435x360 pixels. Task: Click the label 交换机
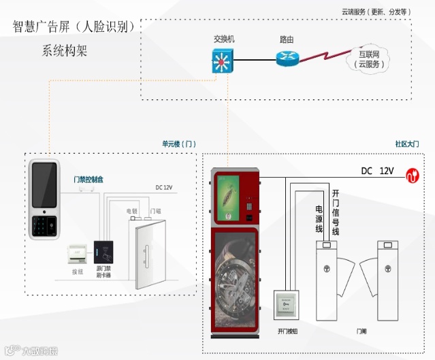pyautogui.click(x=223, y=40)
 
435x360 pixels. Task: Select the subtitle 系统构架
pyautogui.click(x=64, y=50)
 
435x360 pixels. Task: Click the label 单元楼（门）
pyautogui.click(x=178, y=144)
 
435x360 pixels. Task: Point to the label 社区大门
pyautogui.click(x=407, y=144)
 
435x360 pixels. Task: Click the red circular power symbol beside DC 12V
pyautogui.click(x=411, y=174)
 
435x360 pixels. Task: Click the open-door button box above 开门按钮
pyautogui.click(x=287, y=306)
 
